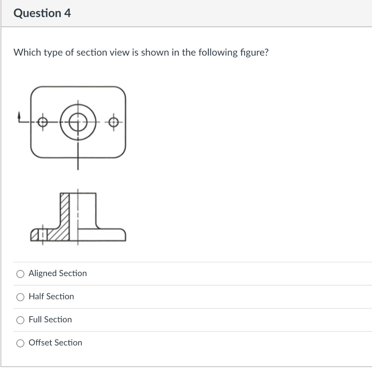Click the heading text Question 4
pyautogui.click(x=42, y=13)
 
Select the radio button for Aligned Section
pyautogui.click(x=20, y=274)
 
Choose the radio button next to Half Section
pyautogui.click(x=20, y=297)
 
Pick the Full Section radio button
pyautogui.click(x=20, y=320)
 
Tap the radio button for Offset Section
pyautogui.click(x=20, y=343)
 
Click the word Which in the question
pyautogui.click(x=28, y=53)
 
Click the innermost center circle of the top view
pyautogui.click(x=77, y=122)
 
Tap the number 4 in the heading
pyautogui.click(x=68, y=13)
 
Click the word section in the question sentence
pyautogui.click(x=91, y=53)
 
